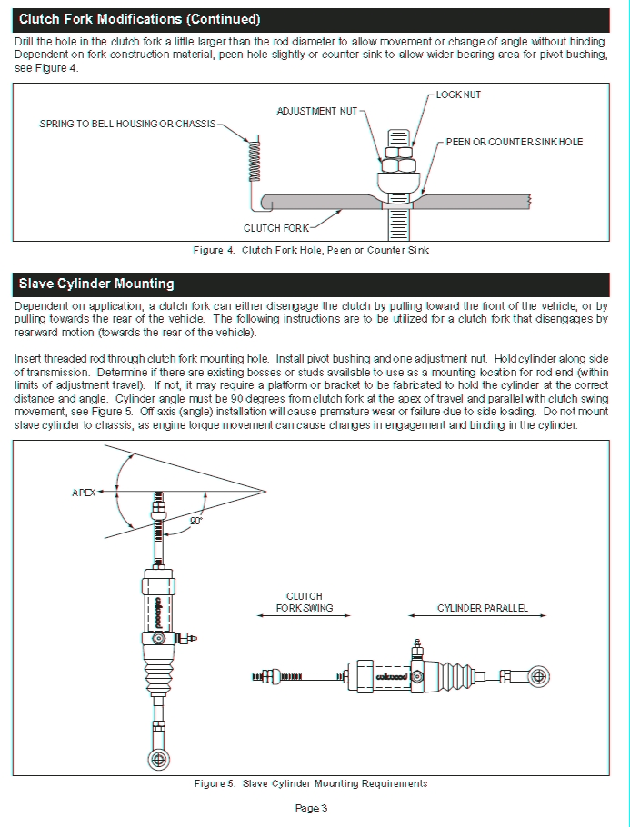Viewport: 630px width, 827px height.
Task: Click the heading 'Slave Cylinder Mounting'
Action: coord(96,284)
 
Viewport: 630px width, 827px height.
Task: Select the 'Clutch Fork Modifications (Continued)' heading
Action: coord(139,19)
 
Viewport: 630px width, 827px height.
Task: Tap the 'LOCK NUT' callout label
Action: coord(458,95)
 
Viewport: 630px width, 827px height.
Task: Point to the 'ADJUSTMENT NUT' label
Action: coord(316,111)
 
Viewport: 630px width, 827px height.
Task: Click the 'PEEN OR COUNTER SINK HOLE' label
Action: coord(514,142)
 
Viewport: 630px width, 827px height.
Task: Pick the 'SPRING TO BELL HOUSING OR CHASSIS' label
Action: coord(127,124)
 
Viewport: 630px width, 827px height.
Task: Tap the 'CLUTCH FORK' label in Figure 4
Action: coord(276,228)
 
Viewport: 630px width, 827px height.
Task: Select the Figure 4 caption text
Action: coord(311,249)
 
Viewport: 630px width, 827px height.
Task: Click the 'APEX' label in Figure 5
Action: coord(84,492)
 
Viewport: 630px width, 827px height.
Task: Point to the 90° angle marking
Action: coord(195,521)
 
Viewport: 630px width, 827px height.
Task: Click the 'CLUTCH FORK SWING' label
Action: coord(304,603)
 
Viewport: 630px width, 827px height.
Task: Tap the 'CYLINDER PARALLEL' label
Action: coord(482,608)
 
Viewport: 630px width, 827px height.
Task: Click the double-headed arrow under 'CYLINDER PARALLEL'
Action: coord(479,617)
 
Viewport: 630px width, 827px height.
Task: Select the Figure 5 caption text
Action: coord(311,783)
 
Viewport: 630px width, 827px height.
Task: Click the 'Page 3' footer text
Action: coord(311,808)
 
